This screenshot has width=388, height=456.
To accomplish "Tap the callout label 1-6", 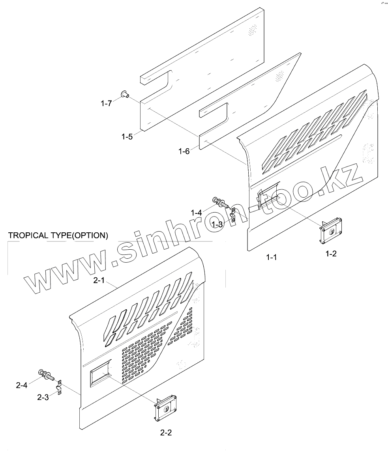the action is point(184,151).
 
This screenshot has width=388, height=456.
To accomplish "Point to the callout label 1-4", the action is point(196,213).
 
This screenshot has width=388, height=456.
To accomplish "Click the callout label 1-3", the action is point(217,224).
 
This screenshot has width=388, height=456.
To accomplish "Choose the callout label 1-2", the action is point(331,254).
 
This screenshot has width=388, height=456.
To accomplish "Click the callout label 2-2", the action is point(166,432).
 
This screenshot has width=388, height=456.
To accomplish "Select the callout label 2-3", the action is point(43,397).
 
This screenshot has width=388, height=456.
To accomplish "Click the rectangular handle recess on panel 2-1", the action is point(100,374).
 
